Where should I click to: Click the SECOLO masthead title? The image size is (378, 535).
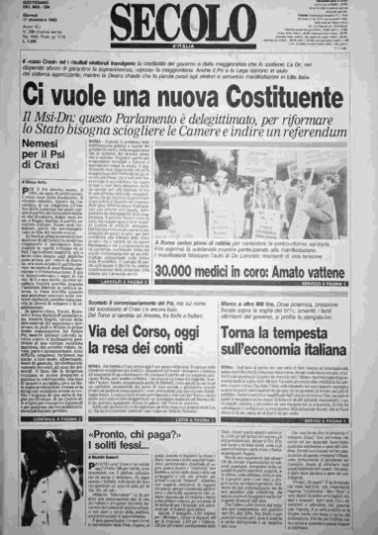(x=182, y=23)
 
